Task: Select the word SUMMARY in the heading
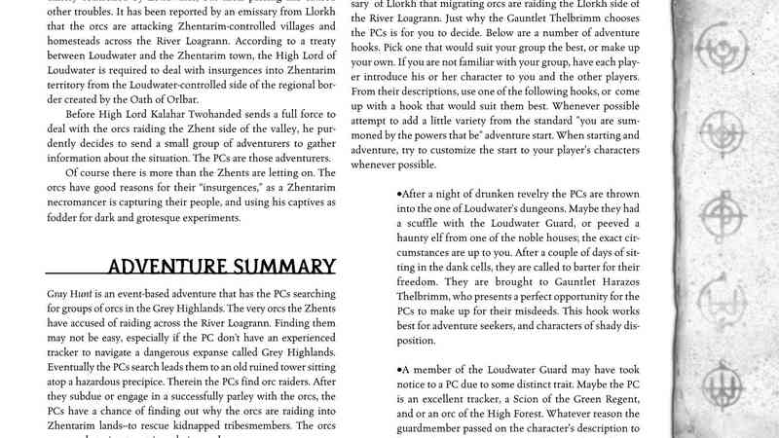(287, 267)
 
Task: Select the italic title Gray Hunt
(68, 293)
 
